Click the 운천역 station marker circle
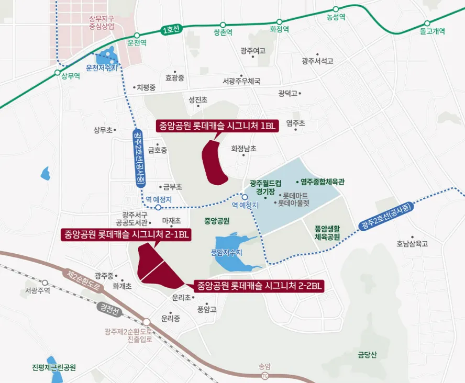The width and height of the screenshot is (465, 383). point(137,36)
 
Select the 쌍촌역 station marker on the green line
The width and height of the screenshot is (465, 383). point(223,25)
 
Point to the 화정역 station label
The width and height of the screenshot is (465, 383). point(279,30)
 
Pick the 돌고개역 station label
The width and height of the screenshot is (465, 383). point(432,31)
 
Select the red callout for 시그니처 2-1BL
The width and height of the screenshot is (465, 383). point(126,234)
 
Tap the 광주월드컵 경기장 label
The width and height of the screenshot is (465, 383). point(265,187)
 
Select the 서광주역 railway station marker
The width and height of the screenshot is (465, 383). point(45,283)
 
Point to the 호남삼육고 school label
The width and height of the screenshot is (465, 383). point(412,244)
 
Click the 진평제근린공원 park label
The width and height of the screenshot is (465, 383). point(54,367)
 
